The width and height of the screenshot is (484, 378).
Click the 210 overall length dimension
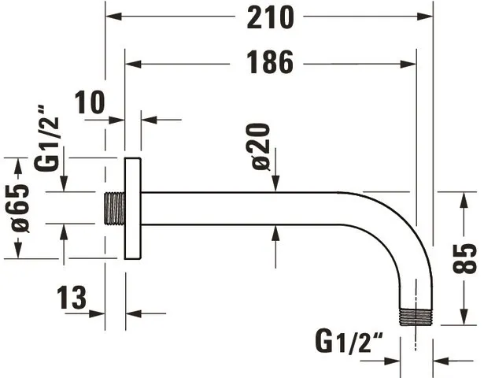[271, 19]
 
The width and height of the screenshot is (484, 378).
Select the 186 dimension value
[270, 63]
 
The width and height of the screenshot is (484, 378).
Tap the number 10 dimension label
[90, 102]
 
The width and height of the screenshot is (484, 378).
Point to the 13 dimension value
[72, 298]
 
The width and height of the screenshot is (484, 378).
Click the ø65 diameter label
[20, 208]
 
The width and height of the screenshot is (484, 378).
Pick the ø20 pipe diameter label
[260, 146]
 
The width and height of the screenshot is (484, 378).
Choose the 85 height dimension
[464, 259]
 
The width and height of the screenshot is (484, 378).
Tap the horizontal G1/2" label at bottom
[349, 342]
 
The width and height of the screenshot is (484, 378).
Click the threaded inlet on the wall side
[114, 209]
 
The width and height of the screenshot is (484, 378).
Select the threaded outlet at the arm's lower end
[416, 317]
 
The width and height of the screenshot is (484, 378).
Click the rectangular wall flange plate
[133, 209]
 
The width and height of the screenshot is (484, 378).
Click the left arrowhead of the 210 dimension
[113, 16]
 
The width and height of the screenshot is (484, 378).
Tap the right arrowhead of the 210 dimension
[425, 16]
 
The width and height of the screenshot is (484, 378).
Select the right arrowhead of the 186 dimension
[408, 65]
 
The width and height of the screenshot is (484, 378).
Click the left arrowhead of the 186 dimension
[133, 65]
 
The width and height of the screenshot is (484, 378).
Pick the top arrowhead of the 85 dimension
[464, 200]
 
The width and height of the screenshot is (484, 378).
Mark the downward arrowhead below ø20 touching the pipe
[275, 183]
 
